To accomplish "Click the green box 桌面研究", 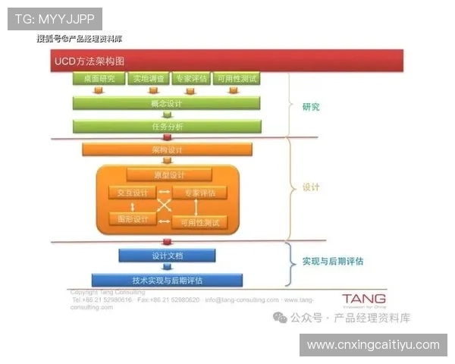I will coord(97,78).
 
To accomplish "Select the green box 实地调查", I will coord(148,78).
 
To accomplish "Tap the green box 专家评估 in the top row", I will coord(190,78).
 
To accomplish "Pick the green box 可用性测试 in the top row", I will coord(236,78).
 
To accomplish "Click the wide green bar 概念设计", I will coord(167,103).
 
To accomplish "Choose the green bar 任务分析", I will coord(167,127).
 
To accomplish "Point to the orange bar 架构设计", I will coord(167,150).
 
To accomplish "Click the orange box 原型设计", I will coord(168,175).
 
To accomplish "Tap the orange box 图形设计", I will coord(132,219).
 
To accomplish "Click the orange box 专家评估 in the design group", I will coord(199,193).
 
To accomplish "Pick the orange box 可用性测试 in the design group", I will coord(199,222).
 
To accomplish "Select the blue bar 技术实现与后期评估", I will coord(167,280).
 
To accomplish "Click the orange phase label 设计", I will coord(310,187).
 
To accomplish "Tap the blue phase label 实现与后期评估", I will coord(332,261).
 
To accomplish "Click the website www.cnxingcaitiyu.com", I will coord(373,345).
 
